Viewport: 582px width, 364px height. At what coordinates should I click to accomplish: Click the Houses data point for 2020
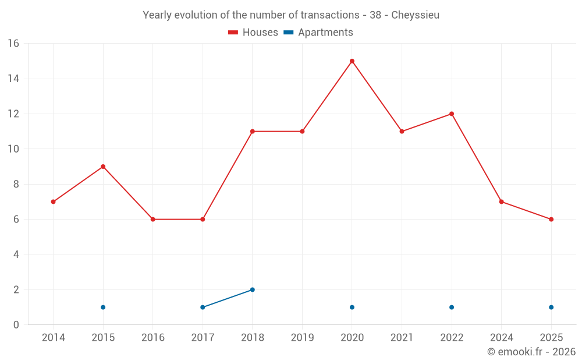(x=352, y=61)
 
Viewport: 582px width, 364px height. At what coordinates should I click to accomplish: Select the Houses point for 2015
(x=103, y=167)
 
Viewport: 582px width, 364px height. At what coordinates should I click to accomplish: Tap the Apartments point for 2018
(x=253, y=289)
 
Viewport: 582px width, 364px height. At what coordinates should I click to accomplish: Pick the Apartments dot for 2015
(x=103, y=307)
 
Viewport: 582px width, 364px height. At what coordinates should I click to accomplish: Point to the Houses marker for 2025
(x=551, y=220)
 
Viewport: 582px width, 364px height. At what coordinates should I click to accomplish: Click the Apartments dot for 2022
(x=452, y=307)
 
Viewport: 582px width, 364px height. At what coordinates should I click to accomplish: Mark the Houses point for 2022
(x=452, y=114)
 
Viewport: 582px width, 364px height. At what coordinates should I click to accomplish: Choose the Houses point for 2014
(x=53, y=202)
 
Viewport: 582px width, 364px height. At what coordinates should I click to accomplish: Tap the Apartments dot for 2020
(x=352, y=307)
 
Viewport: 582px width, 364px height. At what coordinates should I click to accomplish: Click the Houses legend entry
(x=253, y=33)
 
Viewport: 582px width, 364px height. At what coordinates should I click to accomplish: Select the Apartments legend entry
(x=318, y=33)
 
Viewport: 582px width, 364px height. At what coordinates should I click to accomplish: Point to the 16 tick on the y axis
(x=13, y=44)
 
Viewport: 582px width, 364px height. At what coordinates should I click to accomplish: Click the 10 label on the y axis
(x=13, y=149)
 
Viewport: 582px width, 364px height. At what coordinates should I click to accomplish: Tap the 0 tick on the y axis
(x=16, y=325)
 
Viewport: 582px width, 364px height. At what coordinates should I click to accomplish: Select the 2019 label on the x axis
(x=302, y=338)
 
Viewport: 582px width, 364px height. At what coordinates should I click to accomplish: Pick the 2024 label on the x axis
(x=501, y=338)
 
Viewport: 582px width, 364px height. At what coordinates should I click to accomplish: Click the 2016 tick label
(x=152, y=338)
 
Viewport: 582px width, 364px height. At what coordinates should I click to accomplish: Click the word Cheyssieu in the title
(x=415, y=15)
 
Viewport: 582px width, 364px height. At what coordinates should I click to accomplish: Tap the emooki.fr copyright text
(x=531, y=352)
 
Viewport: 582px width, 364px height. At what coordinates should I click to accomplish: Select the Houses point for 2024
(x=501, y=202)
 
